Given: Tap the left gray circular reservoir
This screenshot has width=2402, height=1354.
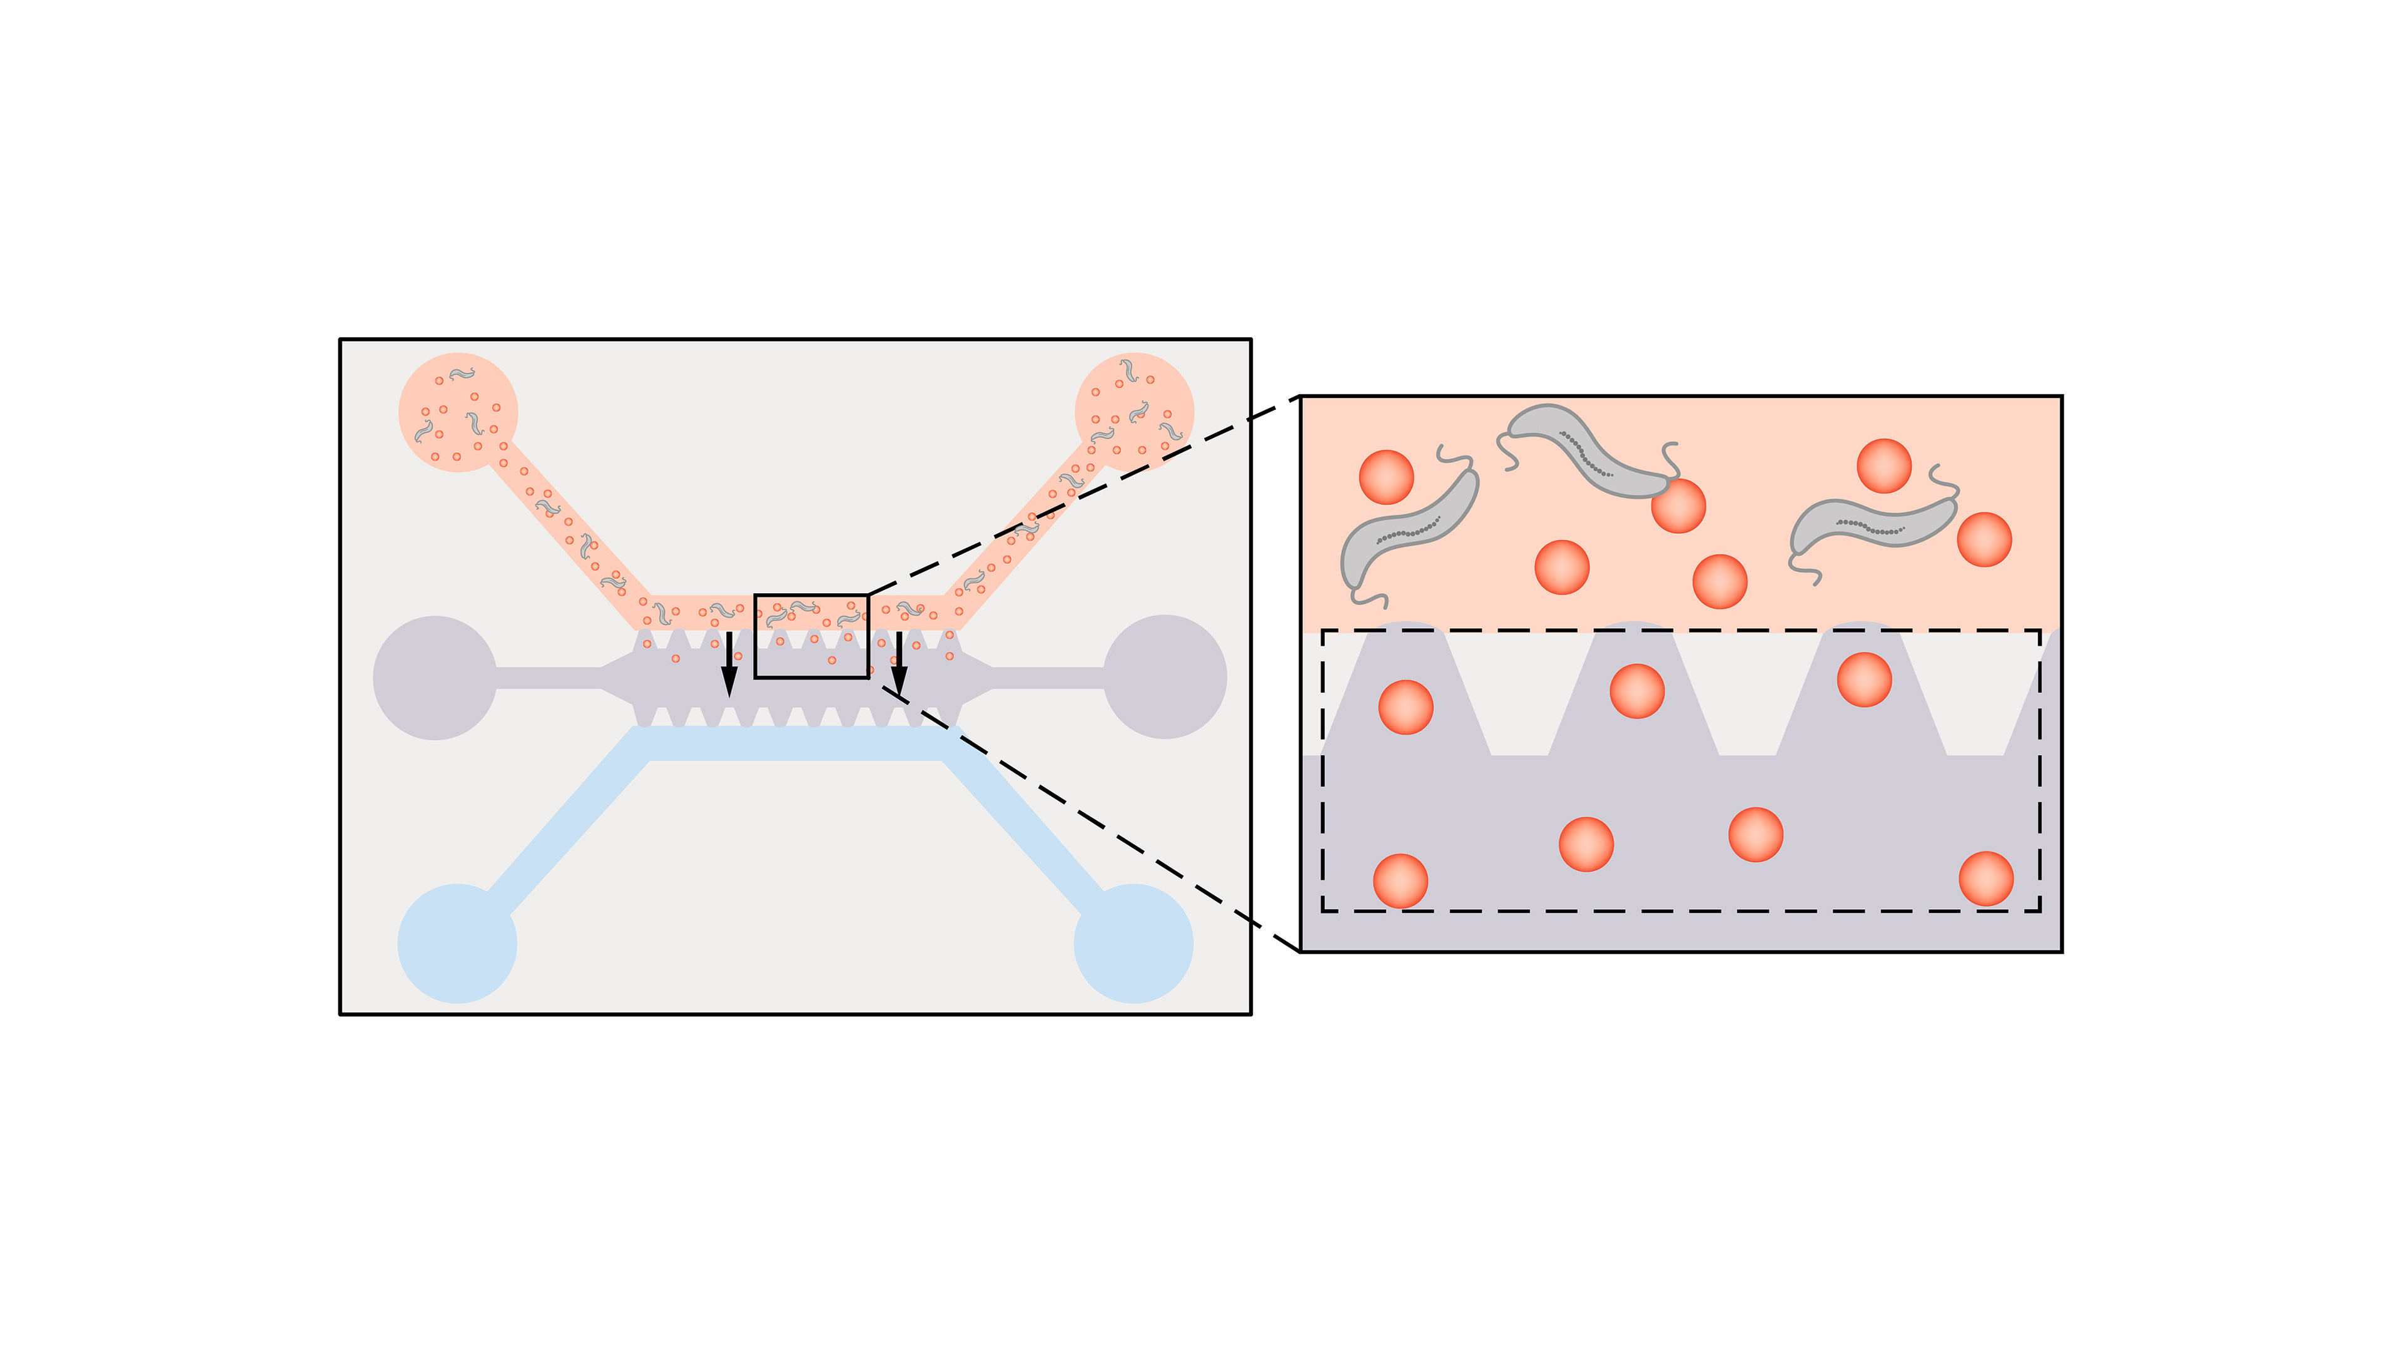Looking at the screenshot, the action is [435, 678].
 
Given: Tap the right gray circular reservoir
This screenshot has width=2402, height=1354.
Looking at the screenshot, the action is [1165, 677].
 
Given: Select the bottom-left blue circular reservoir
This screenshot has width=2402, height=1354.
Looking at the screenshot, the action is [457, 943].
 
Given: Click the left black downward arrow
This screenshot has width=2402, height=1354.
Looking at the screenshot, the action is [729, 667].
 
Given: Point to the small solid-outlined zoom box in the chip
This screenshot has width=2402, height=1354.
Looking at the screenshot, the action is [811, 636].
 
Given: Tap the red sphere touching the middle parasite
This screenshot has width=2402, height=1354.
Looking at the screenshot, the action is [1678, 506].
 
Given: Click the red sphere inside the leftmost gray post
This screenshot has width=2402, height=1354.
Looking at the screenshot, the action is [1405, 707].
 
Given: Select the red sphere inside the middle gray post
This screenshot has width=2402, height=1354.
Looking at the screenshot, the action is [1636, 691].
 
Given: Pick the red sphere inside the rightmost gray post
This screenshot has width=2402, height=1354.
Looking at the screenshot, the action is [1864, 680].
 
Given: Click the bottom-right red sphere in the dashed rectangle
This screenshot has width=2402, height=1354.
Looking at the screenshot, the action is [1985, 878].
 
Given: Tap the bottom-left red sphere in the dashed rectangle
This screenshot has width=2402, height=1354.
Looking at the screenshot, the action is [1400, 881].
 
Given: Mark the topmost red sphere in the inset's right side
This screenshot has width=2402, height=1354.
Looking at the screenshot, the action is [1883, 466].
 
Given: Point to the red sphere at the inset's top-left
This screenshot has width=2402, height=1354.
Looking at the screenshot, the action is [1386, 477].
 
